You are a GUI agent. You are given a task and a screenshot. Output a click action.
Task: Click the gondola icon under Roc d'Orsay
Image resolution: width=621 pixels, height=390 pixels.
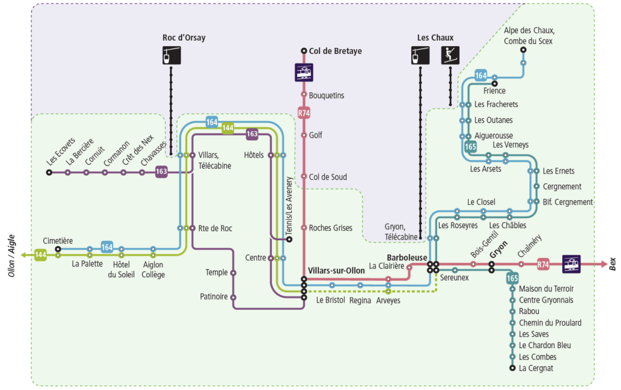click(171, 55)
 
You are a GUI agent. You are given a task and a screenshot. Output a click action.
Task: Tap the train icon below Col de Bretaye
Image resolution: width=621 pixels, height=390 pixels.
click(304, 72)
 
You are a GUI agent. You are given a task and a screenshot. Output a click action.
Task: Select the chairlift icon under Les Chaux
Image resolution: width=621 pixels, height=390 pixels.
click(450, 55)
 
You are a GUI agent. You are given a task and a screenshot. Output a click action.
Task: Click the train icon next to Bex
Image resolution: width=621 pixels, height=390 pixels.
click(571, 264)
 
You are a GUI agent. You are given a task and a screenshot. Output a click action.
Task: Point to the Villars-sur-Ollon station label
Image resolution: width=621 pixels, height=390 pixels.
click(336, 269)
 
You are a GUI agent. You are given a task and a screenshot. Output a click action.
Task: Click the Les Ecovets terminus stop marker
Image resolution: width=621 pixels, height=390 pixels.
click(49, 173)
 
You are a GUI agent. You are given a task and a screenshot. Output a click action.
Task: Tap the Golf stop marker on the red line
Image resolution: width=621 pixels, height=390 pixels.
click(304, 135)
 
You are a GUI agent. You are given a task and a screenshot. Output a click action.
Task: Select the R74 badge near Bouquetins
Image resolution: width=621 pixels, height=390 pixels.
click(304, 113)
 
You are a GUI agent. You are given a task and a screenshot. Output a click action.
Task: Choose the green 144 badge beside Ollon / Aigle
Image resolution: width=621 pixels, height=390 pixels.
click(41, 255)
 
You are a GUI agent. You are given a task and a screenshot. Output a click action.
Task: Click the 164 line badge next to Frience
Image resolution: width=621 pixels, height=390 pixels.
click(481, 75)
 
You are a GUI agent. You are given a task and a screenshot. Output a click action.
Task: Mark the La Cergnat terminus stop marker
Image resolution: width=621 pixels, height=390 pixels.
click(512, 368)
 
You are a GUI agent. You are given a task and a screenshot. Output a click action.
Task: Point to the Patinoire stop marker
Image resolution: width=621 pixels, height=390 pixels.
click(233, 297)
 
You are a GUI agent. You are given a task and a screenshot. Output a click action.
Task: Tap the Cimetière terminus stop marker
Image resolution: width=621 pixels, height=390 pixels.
click(58, 249)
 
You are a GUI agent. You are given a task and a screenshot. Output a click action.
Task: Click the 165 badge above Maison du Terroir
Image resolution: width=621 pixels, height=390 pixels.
click(512, 278)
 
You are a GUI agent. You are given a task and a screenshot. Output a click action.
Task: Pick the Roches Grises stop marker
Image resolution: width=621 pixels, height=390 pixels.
click(304, 228)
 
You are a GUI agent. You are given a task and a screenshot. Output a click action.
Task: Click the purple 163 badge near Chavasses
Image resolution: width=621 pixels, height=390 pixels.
click(161, 172)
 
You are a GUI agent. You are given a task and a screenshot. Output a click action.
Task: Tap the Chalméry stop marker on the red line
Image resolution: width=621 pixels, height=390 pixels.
click(521, 264)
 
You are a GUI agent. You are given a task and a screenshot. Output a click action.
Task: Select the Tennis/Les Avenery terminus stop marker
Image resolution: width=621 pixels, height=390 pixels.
click(289, 239)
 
